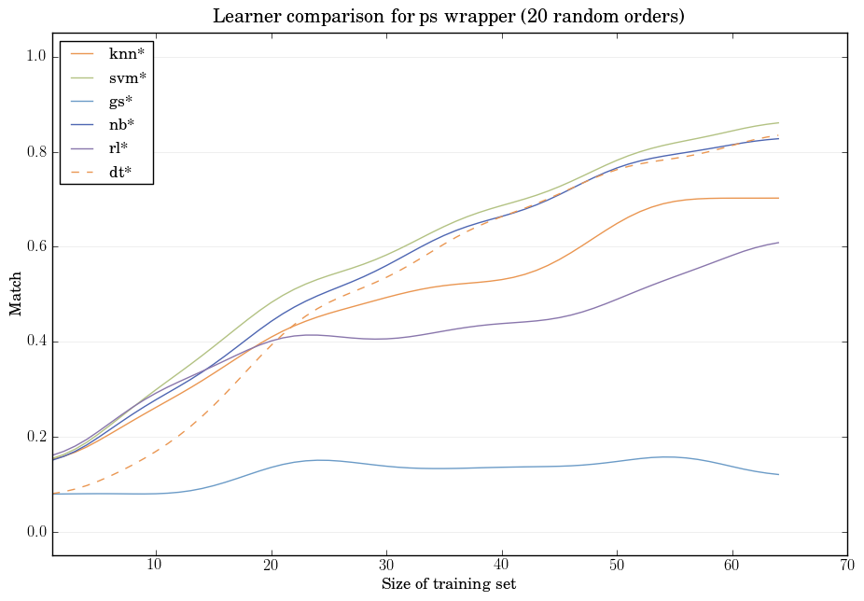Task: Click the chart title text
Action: pos(450,16)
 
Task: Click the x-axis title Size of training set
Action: pos(449,584)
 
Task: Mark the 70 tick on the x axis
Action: pos(847,565)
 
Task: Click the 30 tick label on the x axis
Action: pos(386,565)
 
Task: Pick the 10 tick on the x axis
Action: pos(155,565)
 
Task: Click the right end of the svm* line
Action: pos(778,123)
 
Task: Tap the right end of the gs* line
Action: pos(778,475)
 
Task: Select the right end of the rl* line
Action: pos(778,243)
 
